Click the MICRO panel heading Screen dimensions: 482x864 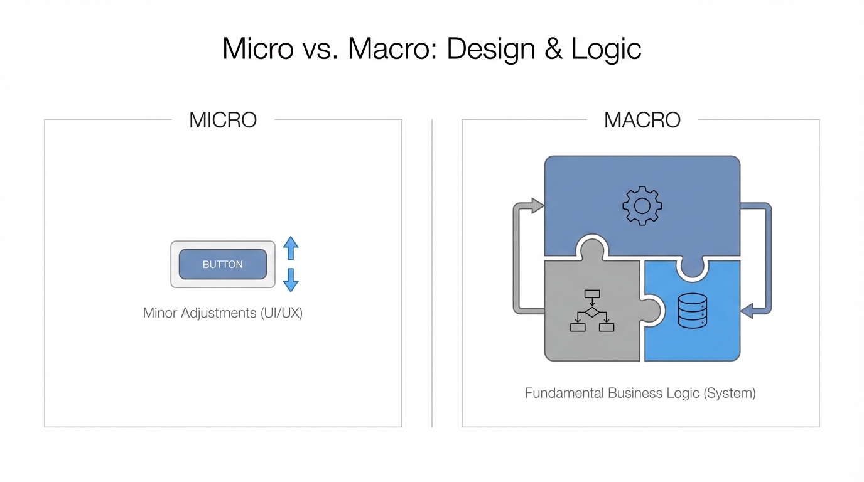point(223,120)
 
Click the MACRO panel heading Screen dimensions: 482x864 point(642,120)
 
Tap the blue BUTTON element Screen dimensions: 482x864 point(223,264)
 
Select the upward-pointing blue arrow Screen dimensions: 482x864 point(290,248)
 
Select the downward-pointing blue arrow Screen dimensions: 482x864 point(290,280)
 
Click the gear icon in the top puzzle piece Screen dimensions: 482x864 point(642,205)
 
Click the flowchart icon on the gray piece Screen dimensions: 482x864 point(591,311)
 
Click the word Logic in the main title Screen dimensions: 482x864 point(606,49)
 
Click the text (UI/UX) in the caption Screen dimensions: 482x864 point(281,313)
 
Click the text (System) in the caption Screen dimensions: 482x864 point(730,394)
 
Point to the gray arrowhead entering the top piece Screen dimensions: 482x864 point(537,205)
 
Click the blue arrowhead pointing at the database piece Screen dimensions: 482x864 point(747,310)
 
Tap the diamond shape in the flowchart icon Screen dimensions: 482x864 point(591,311)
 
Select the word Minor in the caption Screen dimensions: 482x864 point(160,313)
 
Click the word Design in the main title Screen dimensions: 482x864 point(492,49)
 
